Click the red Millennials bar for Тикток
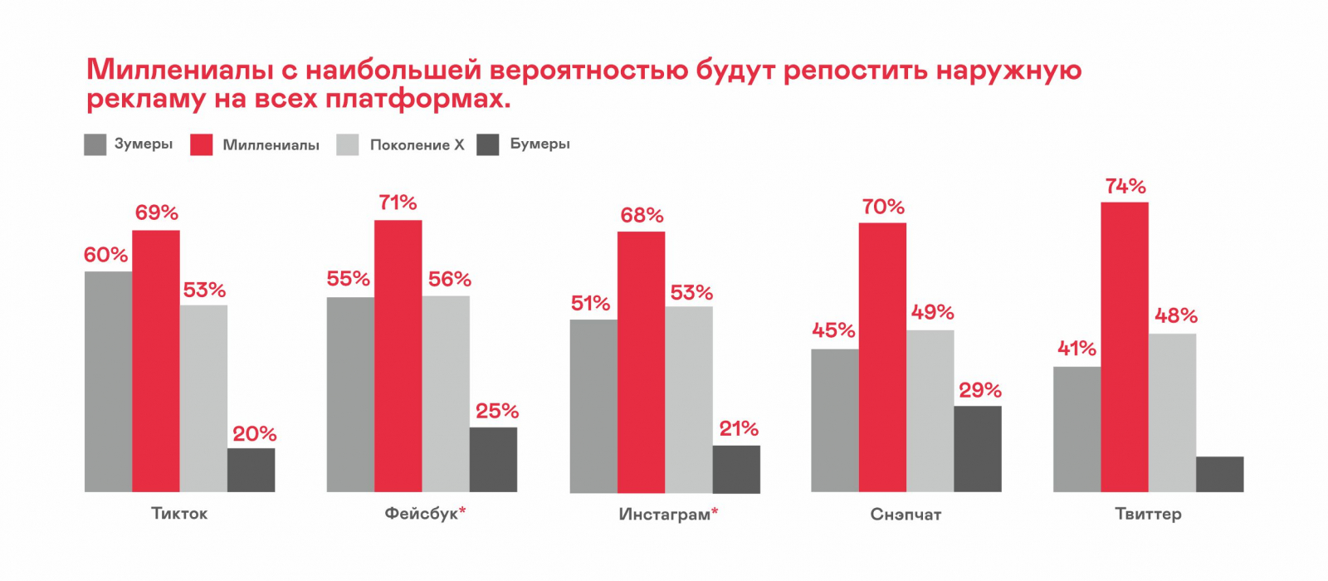tap(156, 361)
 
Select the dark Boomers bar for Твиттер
tap(1219, 474)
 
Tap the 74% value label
tap(1125, 187)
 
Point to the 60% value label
tap(105, 256)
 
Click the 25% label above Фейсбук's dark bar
tap(496, 412)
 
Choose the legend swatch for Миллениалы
tap(202, 144)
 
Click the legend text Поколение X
tap(417, 145)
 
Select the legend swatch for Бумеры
tap(488, 144)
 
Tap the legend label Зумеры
tap(144, 144)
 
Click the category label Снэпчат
tap(906, 515)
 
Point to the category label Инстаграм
tap(664, 515)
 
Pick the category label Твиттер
tap(1148, 515)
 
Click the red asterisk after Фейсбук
tap(462, 510)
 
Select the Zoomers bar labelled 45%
tap(834, 420)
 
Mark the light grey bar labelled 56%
tap(446, 393)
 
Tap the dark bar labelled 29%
tap(978, 448)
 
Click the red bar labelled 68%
tap(641, 362)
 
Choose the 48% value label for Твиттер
tap(1175, 316)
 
